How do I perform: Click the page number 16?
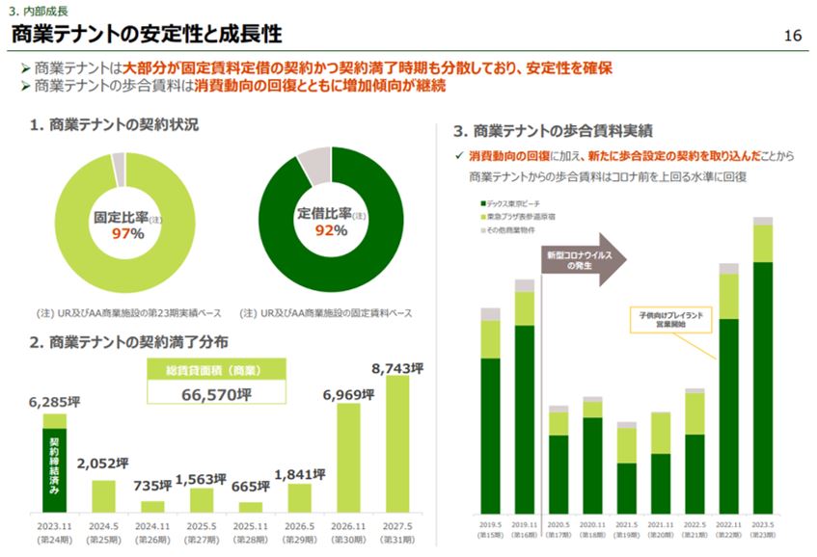792,37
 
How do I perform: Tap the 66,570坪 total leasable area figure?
217,394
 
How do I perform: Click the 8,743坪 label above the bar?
397,368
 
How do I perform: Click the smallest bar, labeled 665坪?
251,507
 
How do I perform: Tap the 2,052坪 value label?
103,462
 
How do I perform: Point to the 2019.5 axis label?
490,527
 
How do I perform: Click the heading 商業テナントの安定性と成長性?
146,35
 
